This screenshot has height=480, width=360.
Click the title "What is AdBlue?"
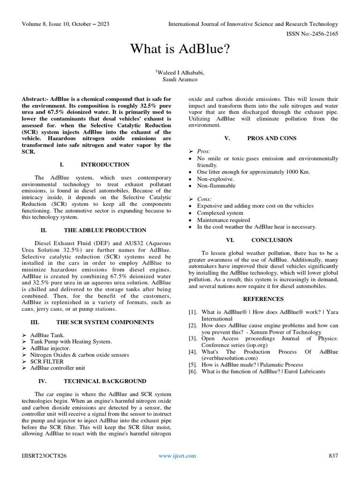point(180,48)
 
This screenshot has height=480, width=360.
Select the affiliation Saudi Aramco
point(180,79)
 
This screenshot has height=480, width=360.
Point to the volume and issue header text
point(66,24)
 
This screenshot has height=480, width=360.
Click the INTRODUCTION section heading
point(105,165)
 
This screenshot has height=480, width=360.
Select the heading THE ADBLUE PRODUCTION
point(105,230)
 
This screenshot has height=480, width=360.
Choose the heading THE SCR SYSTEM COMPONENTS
point(105,322)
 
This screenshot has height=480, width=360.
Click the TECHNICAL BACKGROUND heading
point(105,381)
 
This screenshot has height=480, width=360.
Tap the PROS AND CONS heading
point(272,138)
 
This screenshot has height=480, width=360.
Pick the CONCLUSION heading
point(272,240)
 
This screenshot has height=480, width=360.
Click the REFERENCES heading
point(263,299)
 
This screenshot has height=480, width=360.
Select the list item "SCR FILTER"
point(46,362)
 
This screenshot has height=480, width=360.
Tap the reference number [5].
point(193,365)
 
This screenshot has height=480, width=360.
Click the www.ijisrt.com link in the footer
point(177,456)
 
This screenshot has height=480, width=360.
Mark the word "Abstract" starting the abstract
point(34,99)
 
